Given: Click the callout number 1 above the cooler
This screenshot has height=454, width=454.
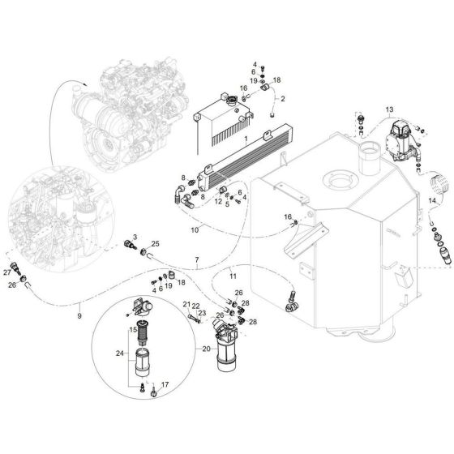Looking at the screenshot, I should (x=244, y=139).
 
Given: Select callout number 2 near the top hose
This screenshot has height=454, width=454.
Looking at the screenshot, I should (x=283, y=121).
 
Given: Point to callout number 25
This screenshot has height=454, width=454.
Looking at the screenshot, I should (x=155, y=243).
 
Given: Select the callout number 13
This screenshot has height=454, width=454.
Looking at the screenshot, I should (x=389, y=109).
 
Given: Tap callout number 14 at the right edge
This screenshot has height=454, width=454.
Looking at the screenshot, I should (x=430, y=199).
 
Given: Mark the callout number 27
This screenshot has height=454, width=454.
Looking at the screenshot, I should (x=7, y=272).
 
